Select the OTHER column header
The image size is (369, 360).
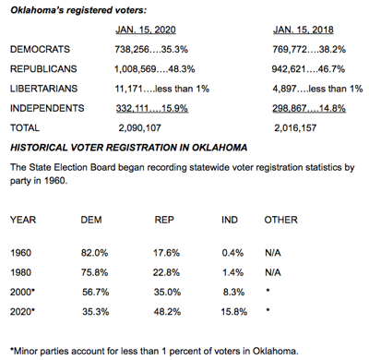(x=280, y=221)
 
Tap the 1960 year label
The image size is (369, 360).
(x=20, y=252)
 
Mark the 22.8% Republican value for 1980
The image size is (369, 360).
(x=166, y=271)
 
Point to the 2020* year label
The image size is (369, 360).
(x=22, y=310)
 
